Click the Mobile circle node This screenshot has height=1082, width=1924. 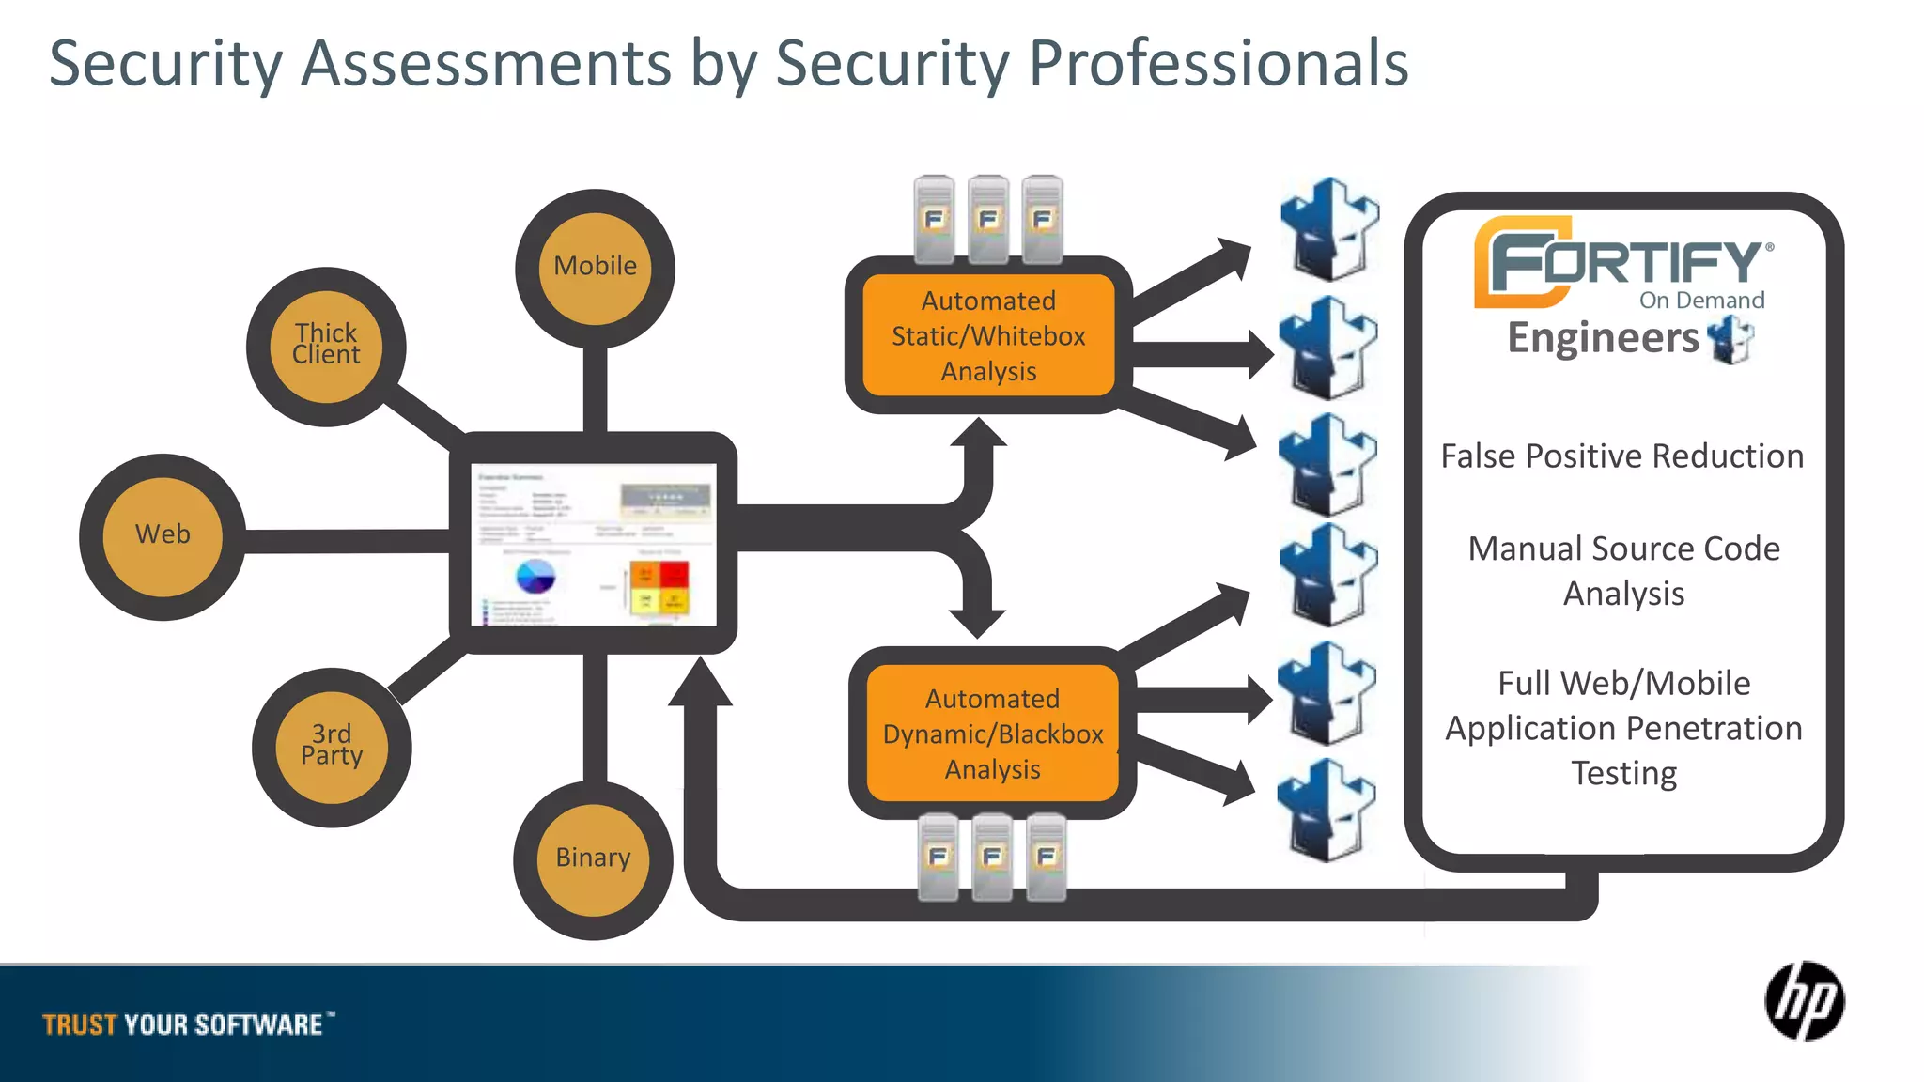coord(595,268)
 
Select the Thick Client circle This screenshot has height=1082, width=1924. coord(326,346)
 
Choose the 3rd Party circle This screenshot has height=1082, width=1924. coord(332,747)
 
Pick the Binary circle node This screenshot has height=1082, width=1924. coord(593,859)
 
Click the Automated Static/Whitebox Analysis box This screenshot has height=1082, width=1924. coord(988,336)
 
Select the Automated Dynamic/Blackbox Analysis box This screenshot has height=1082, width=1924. coord(992,734)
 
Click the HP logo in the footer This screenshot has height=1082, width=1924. coord(1804,1001)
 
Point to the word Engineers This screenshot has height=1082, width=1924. coord(1603,338)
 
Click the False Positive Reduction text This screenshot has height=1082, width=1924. coord(1622,456)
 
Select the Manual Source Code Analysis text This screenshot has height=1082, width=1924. coord(1623,571)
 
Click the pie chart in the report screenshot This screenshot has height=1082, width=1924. coord(535,576)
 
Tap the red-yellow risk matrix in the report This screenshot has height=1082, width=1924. coord(659,587)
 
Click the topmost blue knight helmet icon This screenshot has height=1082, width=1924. coord(1329,229)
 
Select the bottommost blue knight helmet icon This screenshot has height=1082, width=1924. coord(1326,810)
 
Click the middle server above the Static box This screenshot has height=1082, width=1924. coord(988,218)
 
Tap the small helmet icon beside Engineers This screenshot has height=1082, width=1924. coord(1730,340)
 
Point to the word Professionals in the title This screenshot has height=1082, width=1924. coord(1218,64)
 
